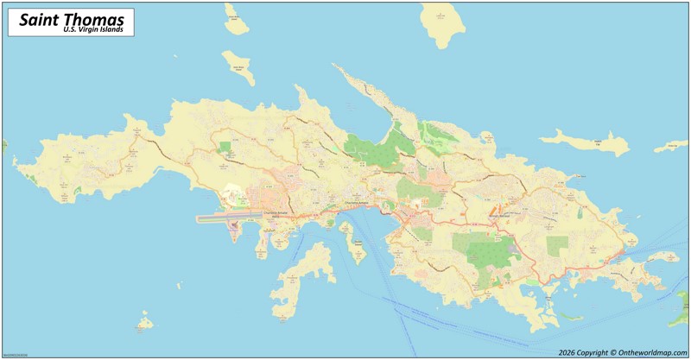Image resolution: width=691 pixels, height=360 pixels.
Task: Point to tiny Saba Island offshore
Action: (x=144, y=325)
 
